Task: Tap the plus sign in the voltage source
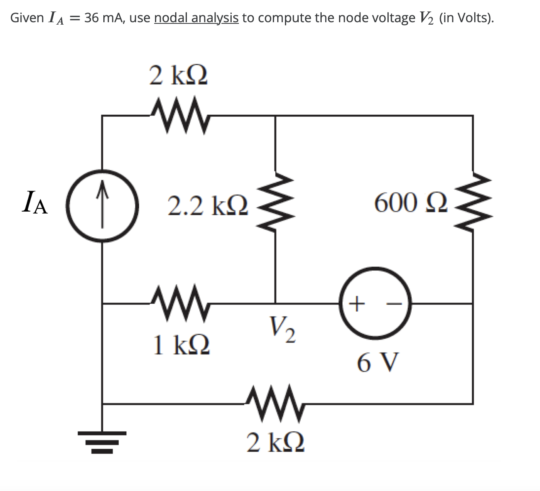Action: pos(356,302)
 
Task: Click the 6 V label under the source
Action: pos(378,362)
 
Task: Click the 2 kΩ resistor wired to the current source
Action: pos(180,116)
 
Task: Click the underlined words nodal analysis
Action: pos(196,18)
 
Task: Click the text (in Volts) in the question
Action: pos(466,18)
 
